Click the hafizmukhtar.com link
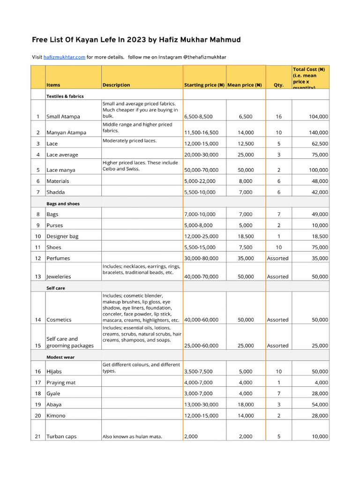pyautogui.click(x=64, y=57)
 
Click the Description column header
pyautogui.click(x=116, y=85)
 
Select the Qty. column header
pyautogui.click(x=278, y=85)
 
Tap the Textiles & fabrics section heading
pyautogui.click(x=65, y=96)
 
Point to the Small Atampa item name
pyautogui.click(x=63, y=116)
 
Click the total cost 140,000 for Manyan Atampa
pyautogui.click(x=315, y=133)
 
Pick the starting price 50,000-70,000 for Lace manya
pyautogui.click(x=201, y=170)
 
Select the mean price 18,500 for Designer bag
pyautogui.click(x=246, y=236)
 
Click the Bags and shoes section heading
pyautogui.click(x=63, y=204)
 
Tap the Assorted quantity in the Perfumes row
pyautogui.click(x=277, y=258)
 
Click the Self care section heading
pyautogui.click(x=56, y=288)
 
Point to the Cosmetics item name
pyautogui.click(x=59, y=320)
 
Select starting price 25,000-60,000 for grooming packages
pyautogui.click(x=201, y=345)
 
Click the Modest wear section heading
pyautogui.click(x=60, y=357)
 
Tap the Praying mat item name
pyautogui.click(x=61, y=382)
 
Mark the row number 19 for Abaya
pyautogui.click(x=37, y=405)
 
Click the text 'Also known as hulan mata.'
pyautogui.click(x=132, y=437)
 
